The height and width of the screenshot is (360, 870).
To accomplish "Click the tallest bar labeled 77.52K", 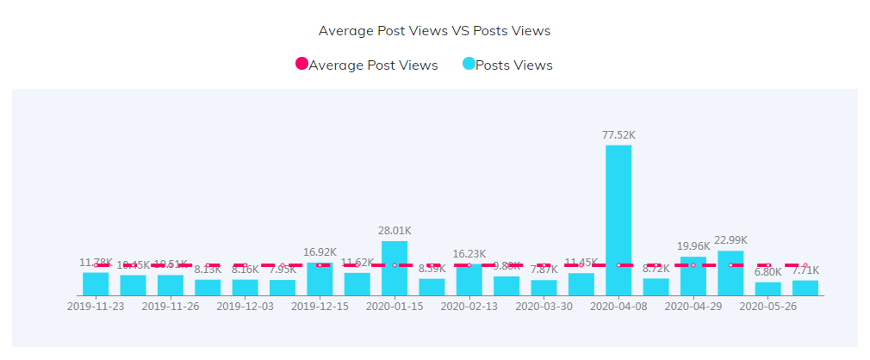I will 618,220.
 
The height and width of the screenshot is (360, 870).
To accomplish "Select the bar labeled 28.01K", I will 395,269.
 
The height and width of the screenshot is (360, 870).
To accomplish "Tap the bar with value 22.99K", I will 730,273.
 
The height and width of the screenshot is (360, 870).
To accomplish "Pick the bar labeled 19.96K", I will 693,276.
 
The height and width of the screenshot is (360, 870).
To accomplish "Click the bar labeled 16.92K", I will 320,279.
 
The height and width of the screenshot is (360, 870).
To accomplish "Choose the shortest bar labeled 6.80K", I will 768,289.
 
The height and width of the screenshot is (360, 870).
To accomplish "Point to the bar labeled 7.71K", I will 805,288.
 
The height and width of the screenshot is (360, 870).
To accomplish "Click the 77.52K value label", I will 618,135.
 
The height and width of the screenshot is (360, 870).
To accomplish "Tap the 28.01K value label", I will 395,231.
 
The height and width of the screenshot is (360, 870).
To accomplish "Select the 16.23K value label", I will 469,254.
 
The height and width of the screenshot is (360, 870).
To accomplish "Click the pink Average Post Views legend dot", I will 301,65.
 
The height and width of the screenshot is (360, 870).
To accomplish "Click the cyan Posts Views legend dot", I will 469,65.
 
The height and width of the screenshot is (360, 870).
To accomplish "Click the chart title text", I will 434,31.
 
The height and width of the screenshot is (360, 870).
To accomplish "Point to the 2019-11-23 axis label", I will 96,306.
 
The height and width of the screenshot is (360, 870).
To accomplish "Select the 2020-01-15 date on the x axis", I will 395,306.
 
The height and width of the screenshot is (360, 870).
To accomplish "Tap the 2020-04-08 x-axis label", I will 618,306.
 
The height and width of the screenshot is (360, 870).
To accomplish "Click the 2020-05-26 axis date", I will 768,306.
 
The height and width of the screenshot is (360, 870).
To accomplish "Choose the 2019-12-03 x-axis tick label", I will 245,306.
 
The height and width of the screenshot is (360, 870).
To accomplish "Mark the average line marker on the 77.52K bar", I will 618,265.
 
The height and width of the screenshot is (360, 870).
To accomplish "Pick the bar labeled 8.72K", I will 656,287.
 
